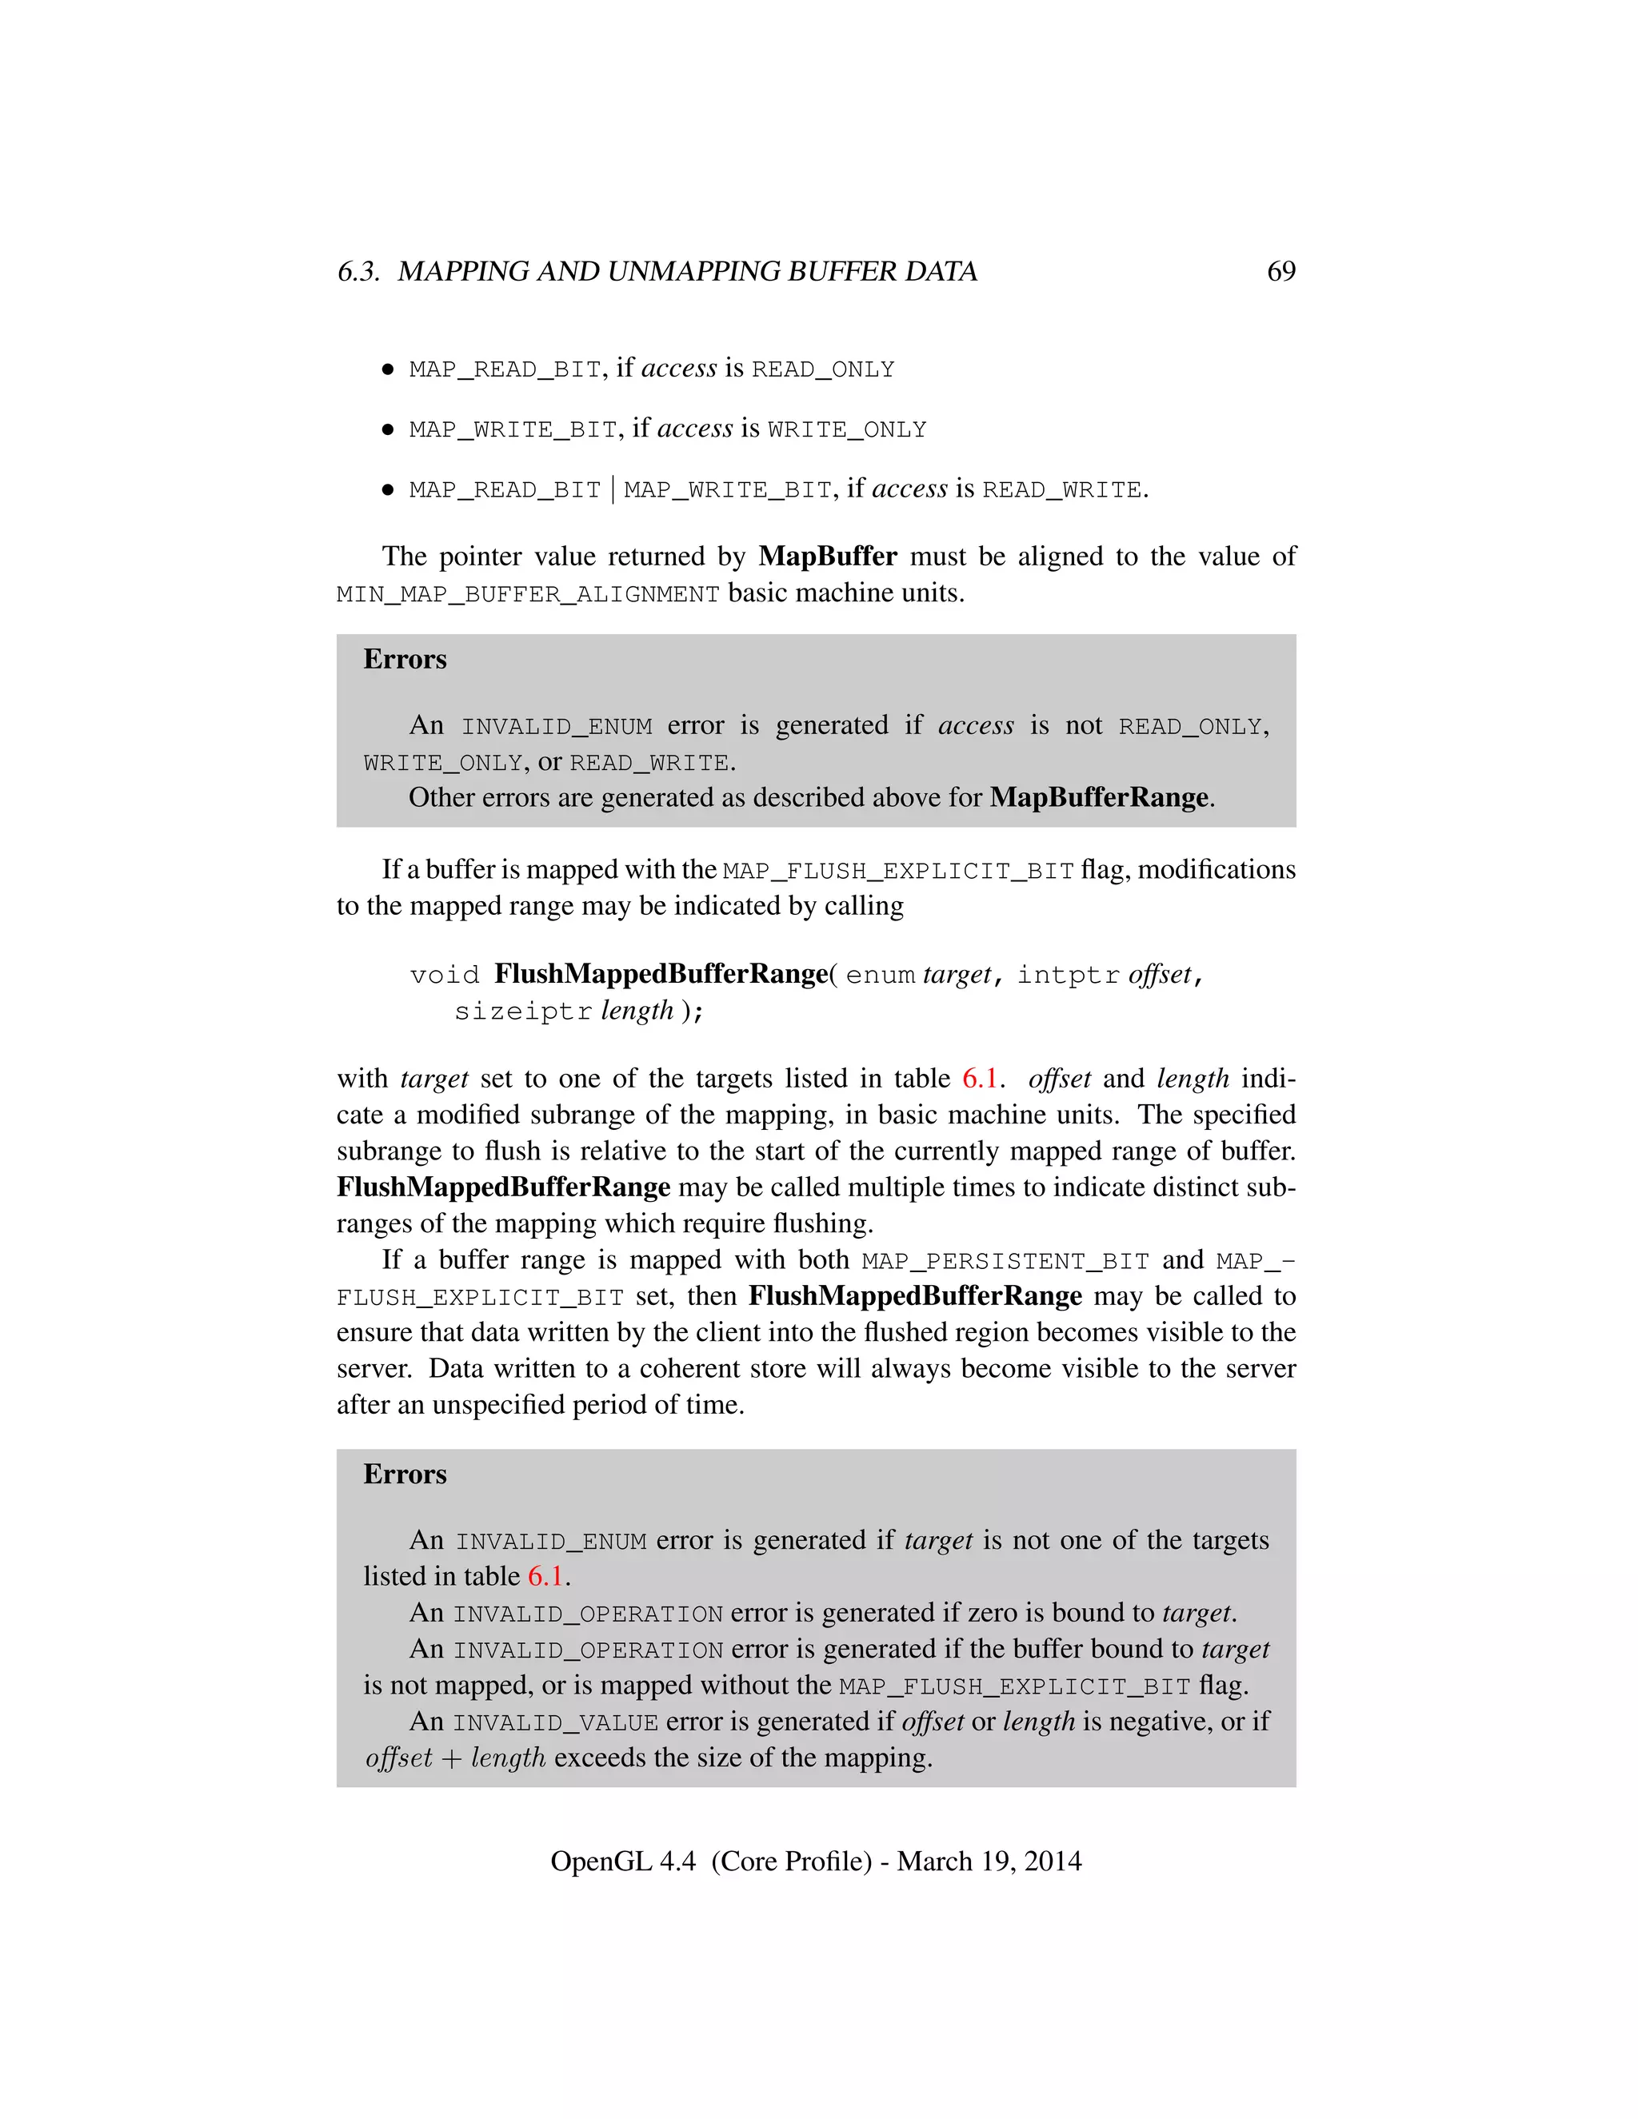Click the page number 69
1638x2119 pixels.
click(1281, 271)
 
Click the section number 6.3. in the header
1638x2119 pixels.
click(358, 272)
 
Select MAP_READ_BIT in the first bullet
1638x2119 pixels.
click(505, 369)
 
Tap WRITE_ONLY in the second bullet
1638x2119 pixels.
click(846, 430)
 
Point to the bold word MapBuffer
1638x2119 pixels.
click(828, 556)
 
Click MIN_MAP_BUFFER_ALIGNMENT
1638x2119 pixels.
click(528, 594)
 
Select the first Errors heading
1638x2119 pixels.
click(405, 659)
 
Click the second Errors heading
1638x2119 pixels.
click(405, 1474)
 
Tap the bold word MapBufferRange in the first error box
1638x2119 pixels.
click(1098, 797)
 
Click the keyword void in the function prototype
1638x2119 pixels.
click(445, 975)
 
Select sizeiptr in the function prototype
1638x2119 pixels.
click(523, 1012)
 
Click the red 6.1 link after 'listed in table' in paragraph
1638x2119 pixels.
click(979, 1078)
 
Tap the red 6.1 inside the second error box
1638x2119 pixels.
click(545, 1577)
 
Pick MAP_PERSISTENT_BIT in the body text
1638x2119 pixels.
click(1005, 1261)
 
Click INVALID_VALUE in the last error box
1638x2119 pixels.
click(555, 1723)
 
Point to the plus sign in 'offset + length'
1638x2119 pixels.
click(451, 1759)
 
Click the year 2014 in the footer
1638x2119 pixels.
click(1052, 1861)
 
